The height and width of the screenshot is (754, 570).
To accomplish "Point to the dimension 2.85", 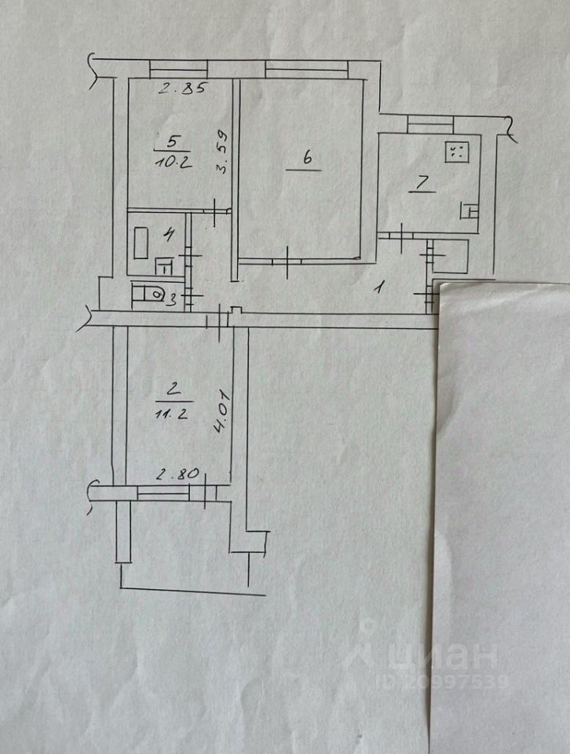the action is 178,88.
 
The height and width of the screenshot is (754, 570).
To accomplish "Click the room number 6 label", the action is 308,158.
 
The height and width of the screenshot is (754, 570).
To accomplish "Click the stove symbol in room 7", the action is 457,151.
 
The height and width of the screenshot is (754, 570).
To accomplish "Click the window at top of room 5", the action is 178,68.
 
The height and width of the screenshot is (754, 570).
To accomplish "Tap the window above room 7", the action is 430,121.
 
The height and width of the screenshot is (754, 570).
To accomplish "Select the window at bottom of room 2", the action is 163,492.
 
